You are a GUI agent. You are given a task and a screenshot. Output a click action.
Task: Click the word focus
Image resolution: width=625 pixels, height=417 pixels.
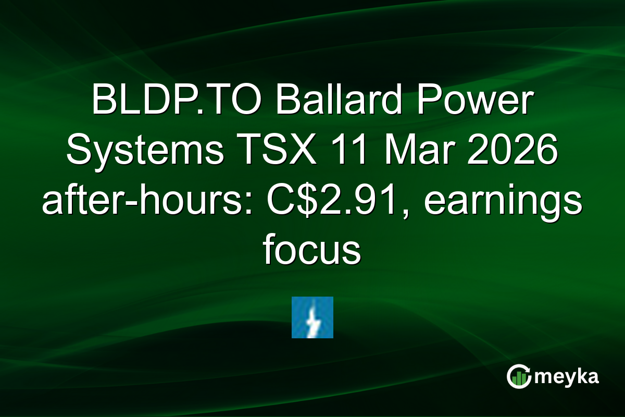[x=312, y=251]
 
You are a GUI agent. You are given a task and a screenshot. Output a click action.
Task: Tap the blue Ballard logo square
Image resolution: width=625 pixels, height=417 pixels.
[x=312, y=317]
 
